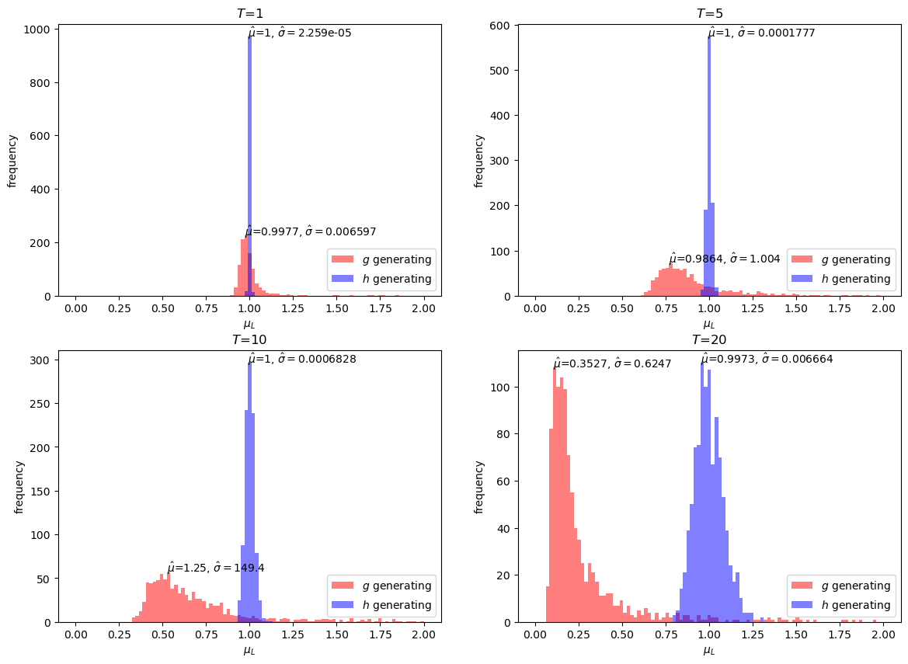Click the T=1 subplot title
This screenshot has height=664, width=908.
pos(250,13)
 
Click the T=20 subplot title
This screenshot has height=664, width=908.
pos(709,340)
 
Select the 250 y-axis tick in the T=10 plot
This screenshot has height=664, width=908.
pos(40,404)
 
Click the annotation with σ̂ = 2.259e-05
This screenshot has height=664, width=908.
pos(300,33)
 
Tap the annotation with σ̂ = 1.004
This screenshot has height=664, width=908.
pos(725,258)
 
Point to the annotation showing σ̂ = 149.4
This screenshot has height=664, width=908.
pos(216,568)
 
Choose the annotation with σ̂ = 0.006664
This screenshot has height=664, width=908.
pos(767,359)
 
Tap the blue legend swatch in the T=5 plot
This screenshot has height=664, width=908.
pos(802,279)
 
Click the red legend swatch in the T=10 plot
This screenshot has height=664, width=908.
pos(343,586)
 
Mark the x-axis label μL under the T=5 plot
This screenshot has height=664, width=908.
pos(709,325)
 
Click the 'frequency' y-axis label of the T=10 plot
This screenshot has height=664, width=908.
pos(19,488)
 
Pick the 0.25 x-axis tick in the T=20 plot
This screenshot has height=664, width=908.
pos(579,634)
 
